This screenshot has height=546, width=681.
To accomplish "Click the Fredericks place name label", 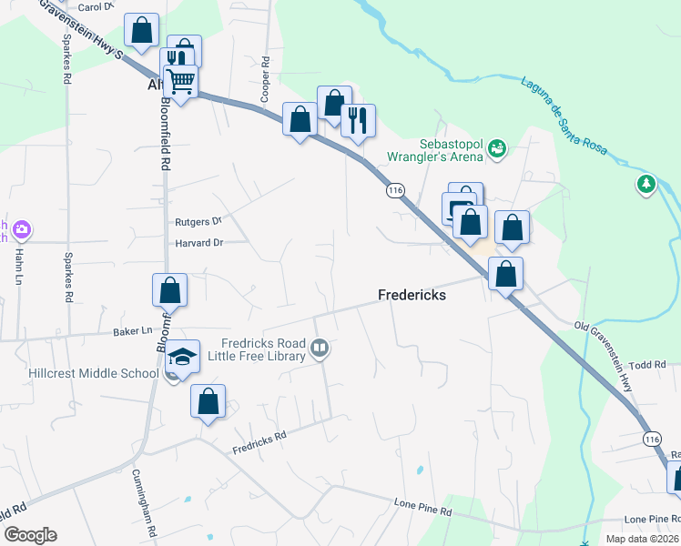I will pos(412,295).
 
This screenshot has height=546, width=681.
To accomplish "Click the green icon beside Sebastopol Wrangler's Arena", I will pos(497,147).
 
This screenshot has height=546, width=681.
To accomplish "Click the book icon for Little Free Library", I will pos(320,347).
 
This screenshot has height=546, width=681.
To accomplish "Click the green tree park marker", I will pos(646,185).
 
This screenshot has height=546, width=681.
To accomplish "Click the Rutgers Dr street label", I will pos(198,221).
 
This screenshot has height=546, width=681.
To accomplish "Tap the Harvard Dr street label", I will pos(198,242).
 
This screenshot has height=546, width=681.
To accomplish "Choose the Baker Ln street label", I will pos(132,331).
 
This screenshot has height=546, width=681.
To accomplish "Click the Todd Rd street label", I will pos(647,364).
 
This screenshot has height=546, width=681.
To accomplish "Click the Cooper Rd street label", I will pos(266,79).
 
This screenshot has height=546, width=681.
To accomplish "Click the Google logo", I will pos(30,535).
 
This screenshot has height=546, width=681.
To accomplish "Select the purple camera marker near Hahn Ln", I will pos(22,230).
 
